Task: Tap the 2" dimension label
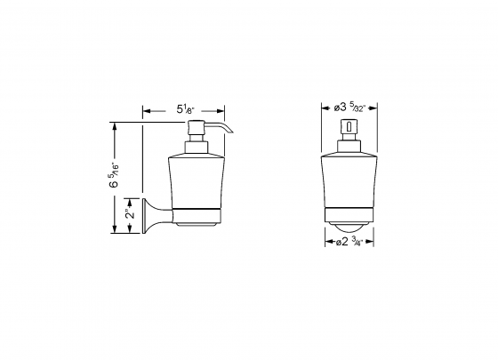(130, 214)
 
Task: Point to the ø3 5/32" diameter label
(350, 108)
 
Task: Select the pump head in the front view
(350, 130)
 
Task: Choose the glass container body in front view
(350, 178)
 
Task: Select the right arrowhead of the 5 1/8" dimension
(227, 111)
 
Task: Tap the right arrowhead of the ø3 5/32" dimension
(378, 110)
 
